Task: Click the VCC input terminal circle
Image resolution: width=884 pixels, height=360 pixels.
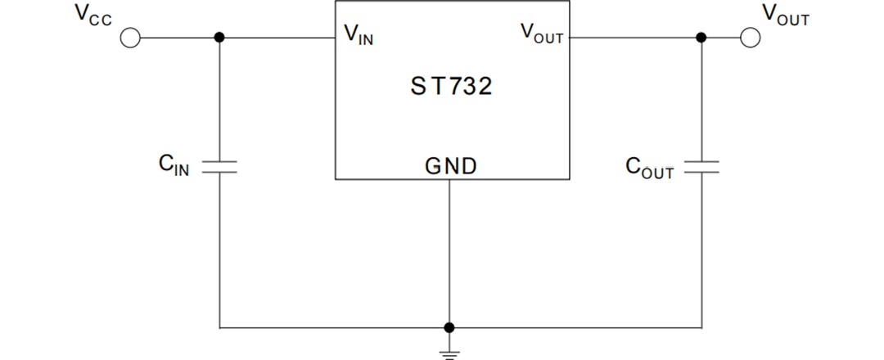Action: tap(130, 38)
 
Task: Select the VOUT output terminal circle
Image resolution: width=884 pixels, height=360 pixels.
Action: tap(751, 38)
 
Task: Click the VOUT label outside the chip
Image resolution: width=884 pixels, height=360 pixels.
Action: tap(785, 15)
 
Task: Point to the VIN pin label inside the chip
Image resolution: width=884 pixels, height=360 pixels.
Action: tap(359, 34)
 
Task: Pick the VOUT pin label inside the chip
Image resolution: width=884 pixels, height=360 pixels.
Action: tap(542, 33)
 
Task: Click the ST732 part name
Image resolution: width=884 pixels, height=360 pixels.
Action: tap(451, 86)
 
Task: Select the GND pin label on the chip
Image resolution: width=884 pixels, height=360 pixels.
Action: tap(450, 166)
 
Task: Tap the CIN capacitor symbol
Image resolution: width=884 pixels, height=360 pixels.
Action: tap(219, 167)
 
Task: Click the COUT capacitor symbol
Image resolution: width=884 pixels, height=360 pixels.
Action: tap(701, 167)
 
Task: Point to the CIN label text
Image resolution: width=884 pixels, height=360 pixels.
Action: tap(174, 165)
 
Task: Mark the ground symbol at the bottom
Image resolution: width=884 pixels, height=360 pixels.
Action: tap(449, 353)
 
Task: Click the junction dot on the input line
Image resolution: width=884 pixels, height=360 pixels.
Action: tap(219, 38)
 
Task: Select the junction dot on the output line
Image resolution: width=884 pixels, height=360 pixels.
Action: tap(701, 38)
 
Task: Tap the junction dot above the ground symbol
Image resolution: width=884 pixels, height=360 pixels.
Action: tap(449, 327)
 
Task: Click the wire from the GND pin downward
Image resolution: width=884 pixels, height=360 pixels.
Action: tap(449, 254)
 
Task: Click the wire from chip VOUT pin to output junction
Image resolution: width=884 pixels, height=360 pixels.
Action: tap(634, 38)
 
